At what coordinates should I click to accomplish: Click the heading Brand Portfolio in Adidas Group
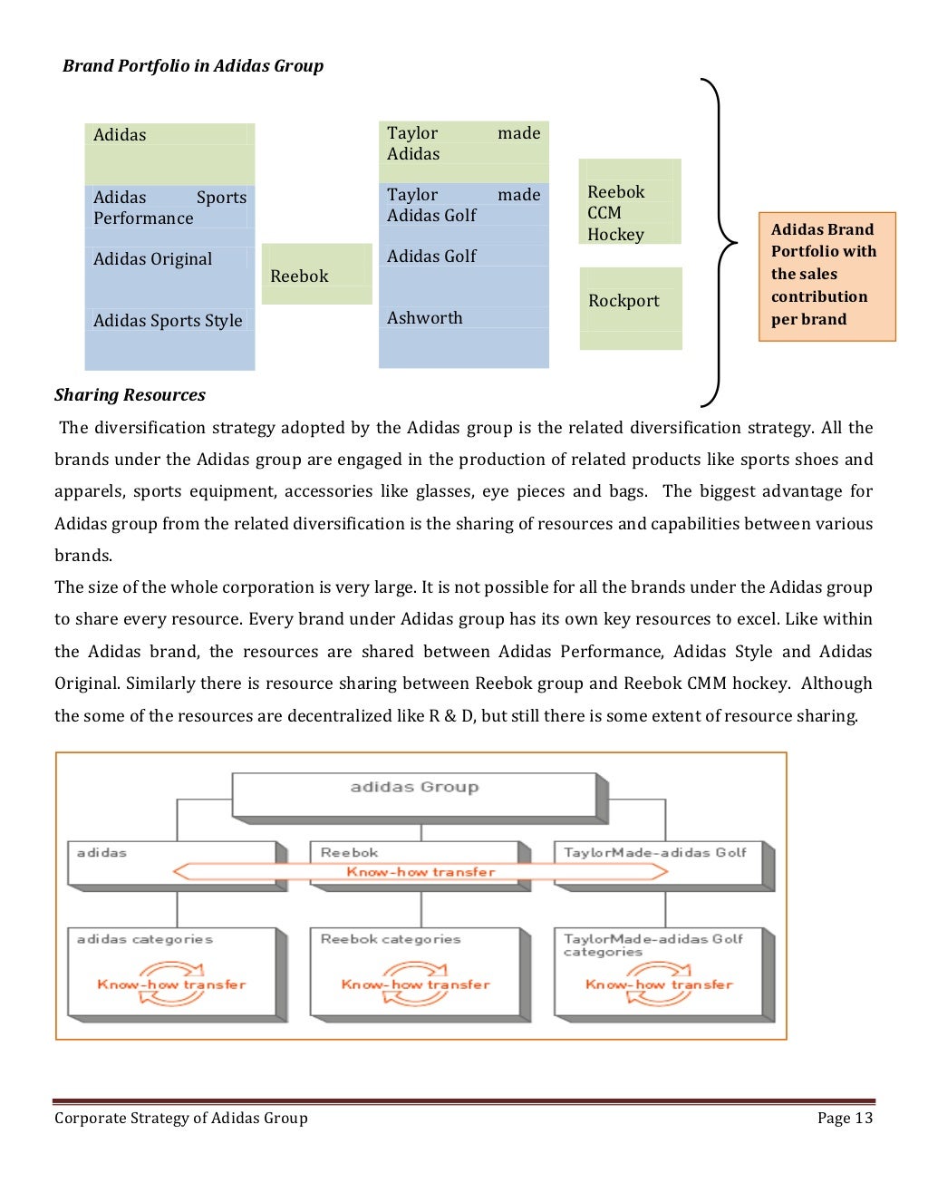(192, 66)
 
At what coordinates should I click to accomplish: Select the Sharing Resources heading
(130, 395)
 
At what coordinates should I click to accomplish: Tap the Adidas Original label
(152, 259)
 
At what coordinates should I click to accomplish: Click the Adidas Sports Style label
(168, 321)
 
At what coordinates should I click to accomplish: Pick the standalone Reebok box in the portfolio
(316, 275)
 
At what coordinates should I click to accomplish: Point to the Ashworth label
(424, 318)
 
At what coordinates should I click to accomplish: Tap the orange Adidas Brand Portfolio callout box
(826, 276)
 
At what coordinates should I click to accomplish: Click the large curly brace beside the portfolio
(721, 243)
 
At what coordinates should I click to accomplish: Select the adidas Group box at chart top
(414, 793)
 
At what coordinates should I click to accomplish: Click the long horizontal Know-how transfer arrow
(420, 872)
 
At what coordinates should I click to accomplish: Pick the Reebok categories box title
(391, 940)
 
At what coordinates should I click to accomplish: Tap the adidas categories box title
(145, 940)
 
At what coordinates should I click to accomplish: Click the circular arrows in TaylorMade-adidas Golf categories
(659, 985)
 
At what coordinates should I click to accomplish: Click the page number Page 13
(845, 1119)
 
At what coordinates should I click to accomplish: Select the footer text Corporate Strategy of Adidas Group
(181, 1119)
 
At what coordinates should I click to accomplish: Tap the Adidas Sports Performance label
(169, 208)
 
